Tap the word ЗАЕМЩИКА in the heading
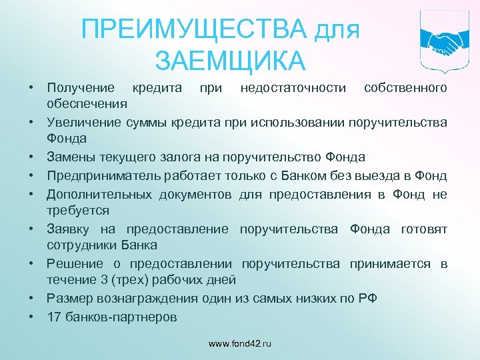point(230,61)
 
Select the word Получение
point(81,87)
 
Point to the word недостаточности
point(293,87)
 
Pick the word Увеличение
point(83,122)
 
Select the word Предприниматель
point(94,176)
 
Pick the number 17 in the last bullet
point(54,317)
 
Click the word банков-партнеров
point(121,317)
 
